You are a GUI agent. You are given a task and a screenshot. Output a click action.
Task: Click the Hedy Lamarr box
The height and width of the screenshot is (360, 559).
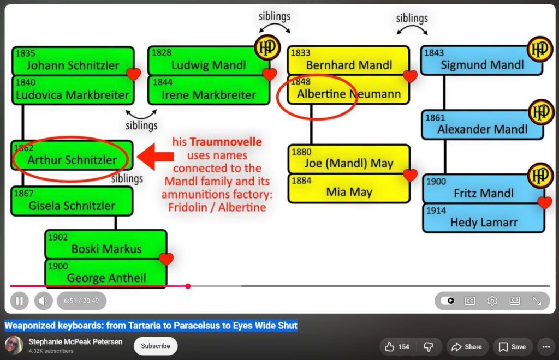(x=484, y=218)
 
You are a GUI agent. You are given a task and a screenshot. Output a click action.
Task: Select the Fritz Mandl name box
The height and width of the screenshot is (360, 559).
(x=484, y=189)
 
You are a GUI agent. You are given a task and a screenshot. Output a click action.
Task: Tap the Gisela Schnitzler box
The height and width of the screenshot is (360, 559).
(x=72, y=201)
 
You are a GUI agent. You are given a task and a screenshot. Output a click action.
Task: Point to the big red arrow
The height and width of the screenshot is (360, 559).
(x=156, y=157)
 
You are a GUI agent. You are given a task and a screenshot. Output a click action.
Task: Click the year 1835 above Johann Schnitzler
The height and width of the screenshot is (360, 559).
(x=25, y=53)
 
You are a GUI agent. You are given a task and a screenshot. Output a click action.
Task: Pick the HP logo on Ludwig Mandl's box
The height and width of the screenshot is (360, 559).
(x=267, y=47)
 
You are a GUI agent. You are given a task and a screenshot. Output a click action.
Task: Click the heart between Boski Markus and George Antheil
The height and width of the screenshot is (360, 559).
(x=166, y=259)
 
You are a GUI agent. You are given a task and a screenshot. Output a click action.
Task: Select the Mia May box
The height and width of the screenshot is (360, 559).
(x=349, y=188)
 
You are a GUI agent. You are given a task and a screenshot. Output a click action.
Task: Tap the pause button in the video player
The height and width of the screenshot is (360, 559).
(x=20, y=301)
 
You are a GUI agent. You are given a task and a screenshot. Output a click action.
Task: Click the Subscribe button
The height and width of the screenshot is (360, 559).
(x=156, y=346)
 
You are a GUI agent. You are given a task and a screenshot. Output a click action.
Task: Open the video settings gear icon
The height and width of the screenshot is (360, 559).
(x=492, y=301)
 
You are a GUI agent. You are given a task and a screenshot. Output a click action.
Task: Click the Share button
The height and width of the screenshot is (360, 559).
(x=467, y=347)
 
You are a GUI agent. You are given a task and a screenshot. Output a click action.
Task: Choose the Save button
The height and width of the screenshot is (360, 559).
(x=512, y=347)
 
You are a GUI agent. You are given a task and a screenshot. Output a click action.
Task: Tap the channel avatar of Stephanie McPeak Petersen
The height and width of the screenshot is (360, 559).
(x=14, y=345)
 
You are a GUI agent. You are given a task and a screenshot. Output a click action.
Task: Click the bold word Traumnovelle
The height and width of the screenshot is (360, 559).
(x=225, y=142)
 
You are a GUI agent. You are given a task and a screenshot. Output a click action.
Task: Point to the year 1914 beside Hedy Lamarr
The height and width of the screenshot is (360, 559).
(x=436, y=211)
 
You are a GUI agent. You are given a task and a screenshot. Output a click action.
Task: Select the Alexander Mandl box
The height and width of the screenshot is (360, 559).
(x=482, y=124)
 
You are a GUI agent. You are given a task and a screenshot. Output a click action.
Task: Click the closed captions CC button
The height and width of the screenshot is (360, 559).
(x=470, y=301)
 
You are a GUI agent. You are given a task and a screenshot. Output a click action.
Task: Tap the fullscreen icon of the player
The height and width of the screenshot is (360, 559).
(x=537, y=301)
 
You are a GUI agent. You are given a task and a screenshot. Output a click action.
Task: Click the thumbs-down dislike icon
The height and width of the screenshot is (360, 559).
(x=428, y=347)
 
